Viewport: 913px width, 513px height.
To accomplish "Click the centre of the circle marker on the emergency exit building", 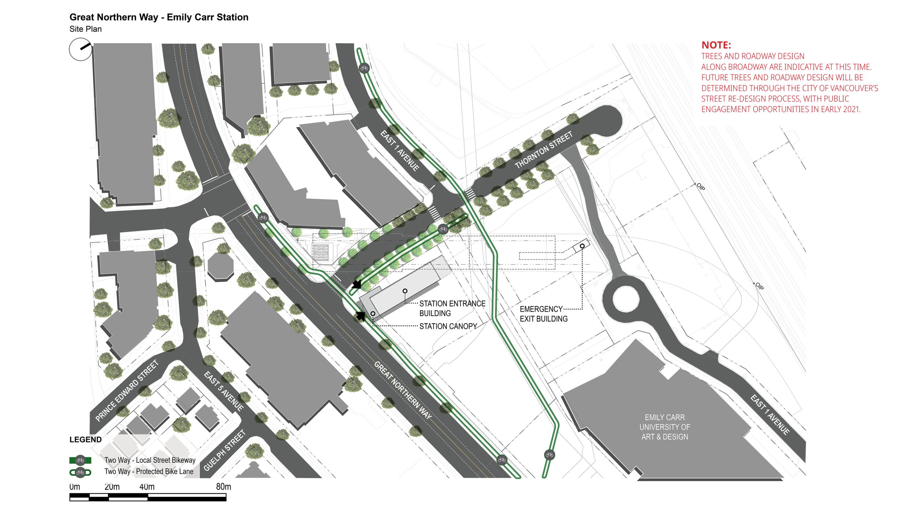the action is (582, 246).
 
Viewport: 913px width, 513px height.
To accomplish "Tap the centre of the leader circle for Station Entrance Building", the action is (405, 291).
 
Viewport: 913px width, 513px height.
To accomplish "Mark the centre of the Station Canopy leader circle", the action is (373, 314).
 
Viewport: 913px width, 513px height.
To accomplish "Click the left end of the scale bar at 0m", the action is (70, 497).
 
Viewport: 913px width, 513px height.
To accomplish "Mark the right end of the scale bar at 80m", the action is (226, 497).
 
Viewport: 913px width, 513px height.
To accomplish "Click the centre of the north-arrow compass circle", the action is (80, 49).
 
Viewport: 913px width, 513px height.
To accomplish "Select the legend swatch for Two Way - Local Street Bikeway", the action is (80, 460).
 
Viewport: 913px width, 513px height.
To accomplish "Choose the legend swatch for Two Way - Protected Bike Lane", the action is (80, 472).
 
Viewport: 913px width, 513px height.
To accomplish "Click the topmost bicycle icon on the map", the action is (364, 68).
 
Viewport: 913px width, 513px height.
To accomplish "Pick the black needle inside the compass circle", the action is (86, 46).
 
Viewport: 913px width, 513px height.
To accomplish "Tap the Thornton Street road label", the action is (544, 150).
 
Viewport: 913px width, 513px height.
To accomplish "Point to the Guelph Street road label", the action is (224, 450).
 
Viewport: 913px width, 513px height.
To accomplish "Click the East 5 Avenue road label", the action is (224, 391).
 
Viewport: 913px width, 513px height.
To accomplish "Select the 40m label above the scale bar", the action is (147, 487).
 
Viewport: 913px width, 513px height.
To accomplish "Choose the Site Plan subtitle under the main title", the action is (86, 29).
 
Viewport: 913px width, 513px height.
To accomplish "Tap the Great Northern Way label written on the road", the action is (403, 390).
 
